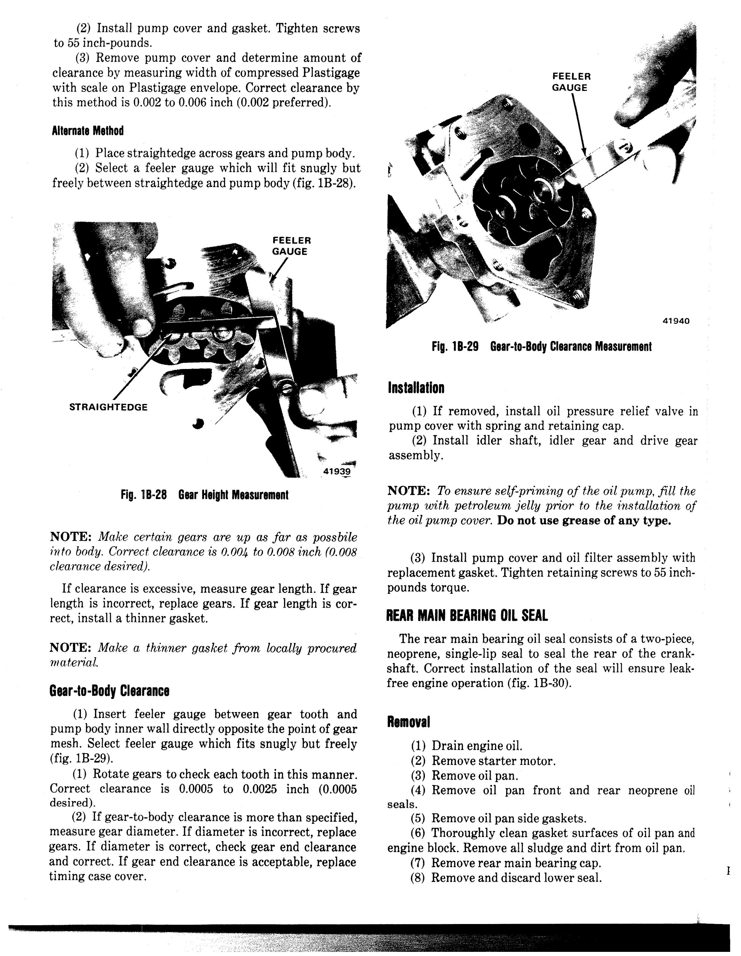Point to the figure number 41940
[676, 321]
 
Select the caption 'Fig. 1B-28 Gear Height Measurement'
[204, 495]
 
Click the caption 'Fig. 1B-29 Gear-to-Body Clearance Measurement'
[541, 347]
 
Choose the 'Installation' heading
[416, 388]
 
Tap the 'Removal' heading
[409, 722]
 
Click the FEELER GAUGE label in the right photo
[571, 82]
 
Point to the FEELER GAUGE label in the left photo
[291, 246]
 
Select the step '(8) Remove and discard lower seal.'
[506, 878]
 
